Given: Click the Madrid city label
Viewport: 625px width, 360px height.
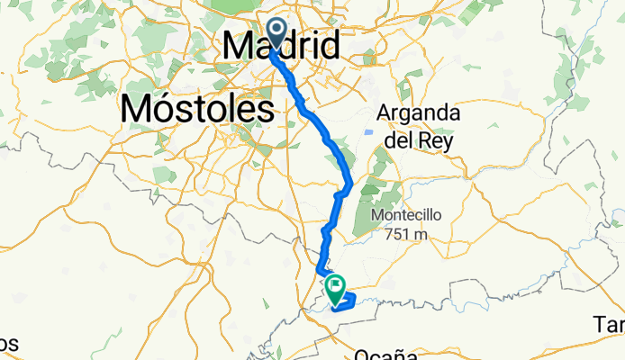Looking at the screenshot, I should click(x=281, y=45).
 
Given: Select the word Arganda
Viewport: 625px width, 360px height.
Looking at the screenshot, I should click(x=420, y=114).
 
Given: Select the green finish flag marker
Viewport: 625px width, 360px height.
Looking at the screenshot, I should click(x=337, y=289).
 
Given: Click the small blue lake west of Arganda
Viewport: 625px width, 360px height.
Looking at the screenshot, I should click(x=367, y=132).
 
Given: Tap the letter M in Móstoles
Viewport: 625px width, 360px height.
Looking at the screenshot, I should click(x=135, y=109).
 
